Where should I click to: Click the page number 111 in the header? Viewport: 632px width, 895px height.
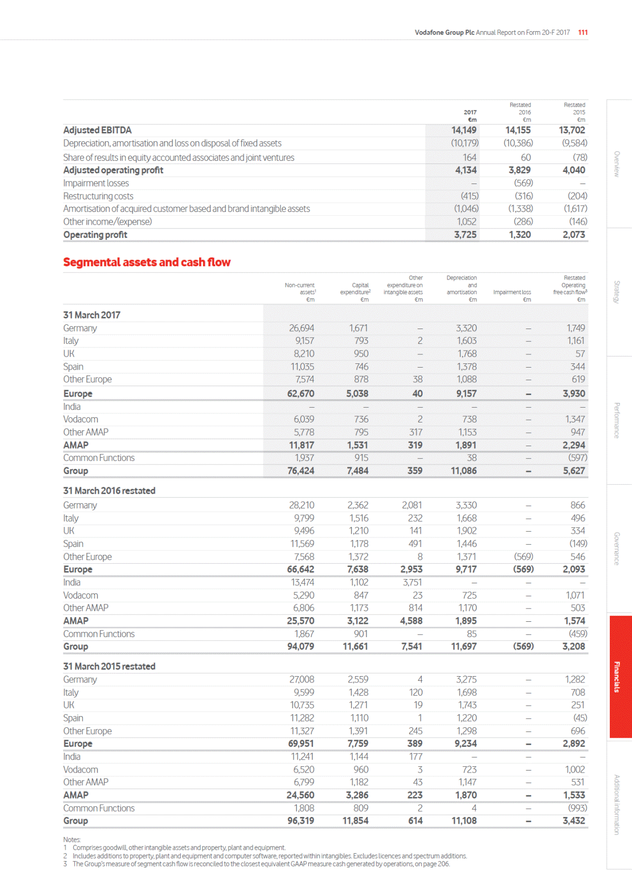coord(582,32)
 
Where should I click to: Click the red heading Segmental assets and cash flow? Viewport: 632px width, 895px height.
coord(147,262)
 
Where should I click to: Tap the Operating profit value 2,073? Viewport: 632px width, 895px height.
coord(573,235)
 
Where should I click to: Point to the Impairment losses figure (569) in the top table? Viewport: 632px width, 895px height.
coord(523,183)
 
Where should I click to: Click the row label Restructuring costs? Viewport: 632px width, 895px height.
coord(98,196)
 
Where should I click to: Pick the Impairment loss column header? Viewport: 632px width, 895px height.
coord(512,292)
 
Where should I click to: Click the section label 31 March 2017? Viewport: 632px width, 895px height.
coord(92,315)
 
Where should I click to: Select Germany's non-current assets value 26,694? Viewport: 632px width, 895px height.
coord(301,328)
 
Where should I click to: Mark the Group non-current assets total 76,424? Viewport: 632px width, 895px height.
coord(300,470)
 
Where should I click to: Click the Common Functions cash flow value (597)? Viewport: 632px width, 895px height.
coord(577,458)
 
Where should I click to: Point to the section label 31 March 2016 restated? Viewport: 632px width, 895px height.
coord(109,490)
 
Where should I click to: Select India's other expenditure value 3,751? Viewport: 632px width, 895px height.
coord(412,582)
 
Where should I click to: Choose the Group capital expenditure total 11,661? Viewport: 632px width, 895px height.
coord(355,646)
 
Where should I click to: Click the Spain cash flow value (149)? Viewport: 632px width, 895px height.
coord(578,543)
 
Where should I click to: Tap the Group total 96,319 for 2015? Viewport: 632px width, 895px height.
coord(300,821)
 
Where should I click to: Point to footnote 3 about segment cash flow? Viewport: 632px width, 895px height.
coord(261,864)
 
